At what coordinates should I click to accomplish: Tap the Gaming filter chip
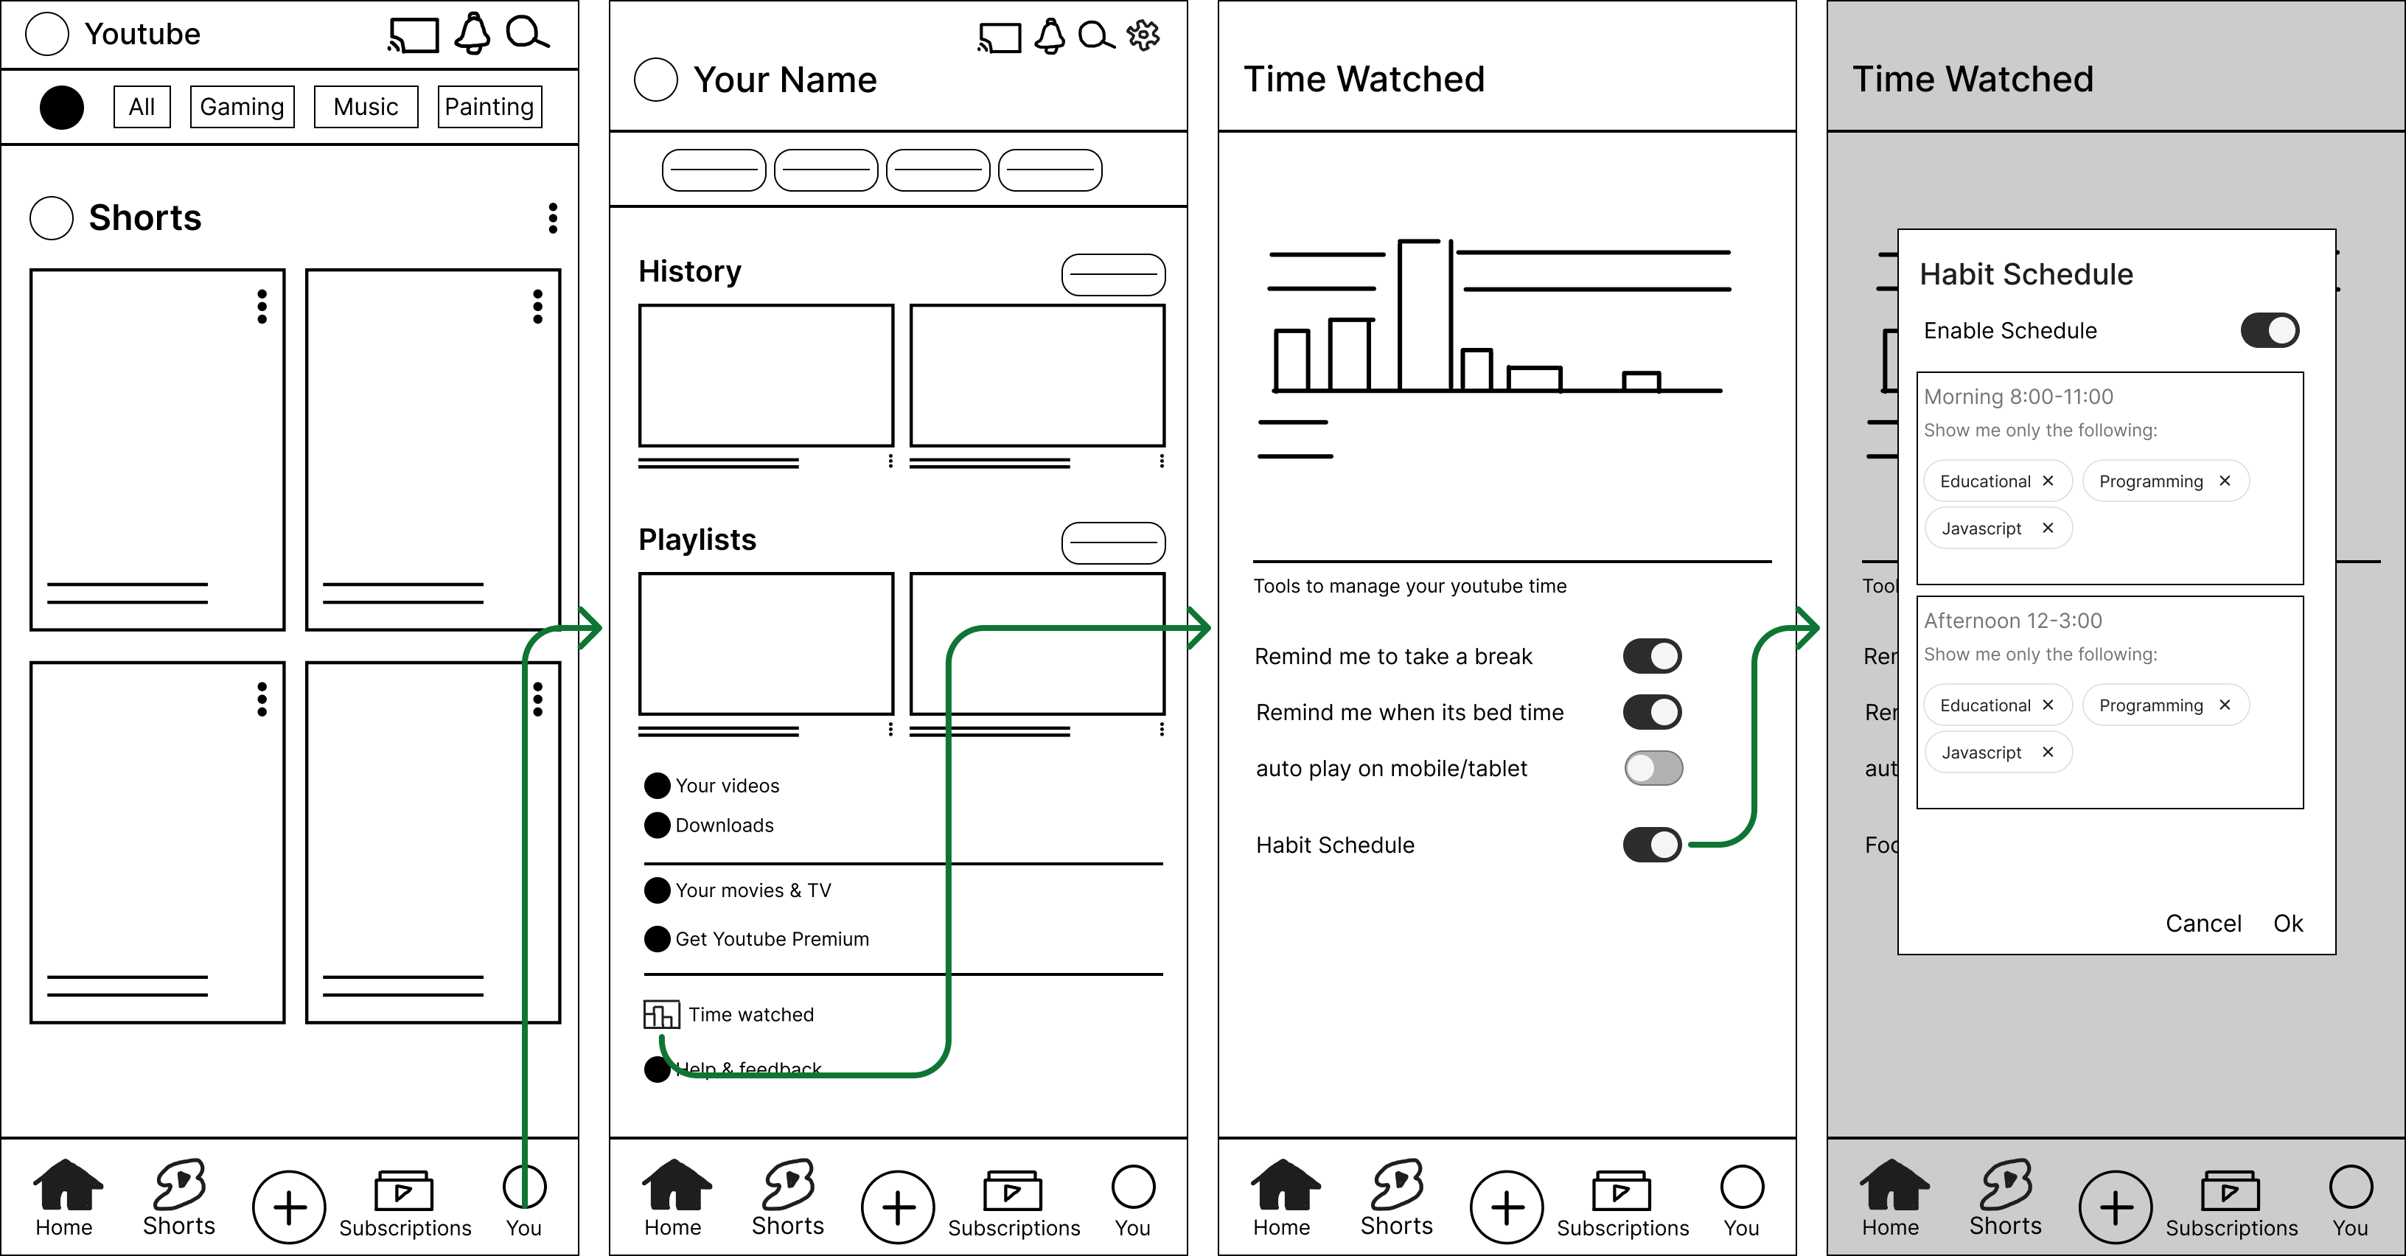tap(242, 106)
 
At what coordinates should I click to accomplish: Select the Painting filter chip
tap(489, 106)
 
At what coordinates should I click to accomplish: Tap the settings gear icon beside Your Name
tap(1143, 35)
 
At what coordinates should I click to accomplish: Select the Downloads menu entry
tap(724, 826)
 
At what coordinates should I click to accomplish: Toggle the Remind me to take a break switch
tap(1651, 657)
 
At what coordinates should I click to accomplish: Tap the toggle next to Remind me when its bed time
tap(1651, 713)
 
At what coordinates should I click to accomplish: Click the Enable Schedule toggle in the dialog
tap(2270, 330)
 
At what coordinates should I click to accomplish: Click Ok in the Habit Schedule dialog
tap(2287, 924)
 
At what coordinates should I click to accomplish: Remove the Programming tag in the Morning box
tap(2225, 481)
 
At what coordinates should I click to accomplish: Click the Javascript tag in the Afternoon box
tap(1981, 753)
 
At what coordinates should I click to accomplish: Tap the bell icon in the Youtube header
tap(473, 34)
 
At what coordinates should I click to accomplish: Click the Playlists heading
tap(697, 540)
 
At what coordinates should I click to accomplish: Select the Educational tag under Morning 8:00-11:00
tap(1985, 481)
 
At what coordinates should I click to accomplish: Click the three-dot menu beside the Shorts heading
tap(553, 217)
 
